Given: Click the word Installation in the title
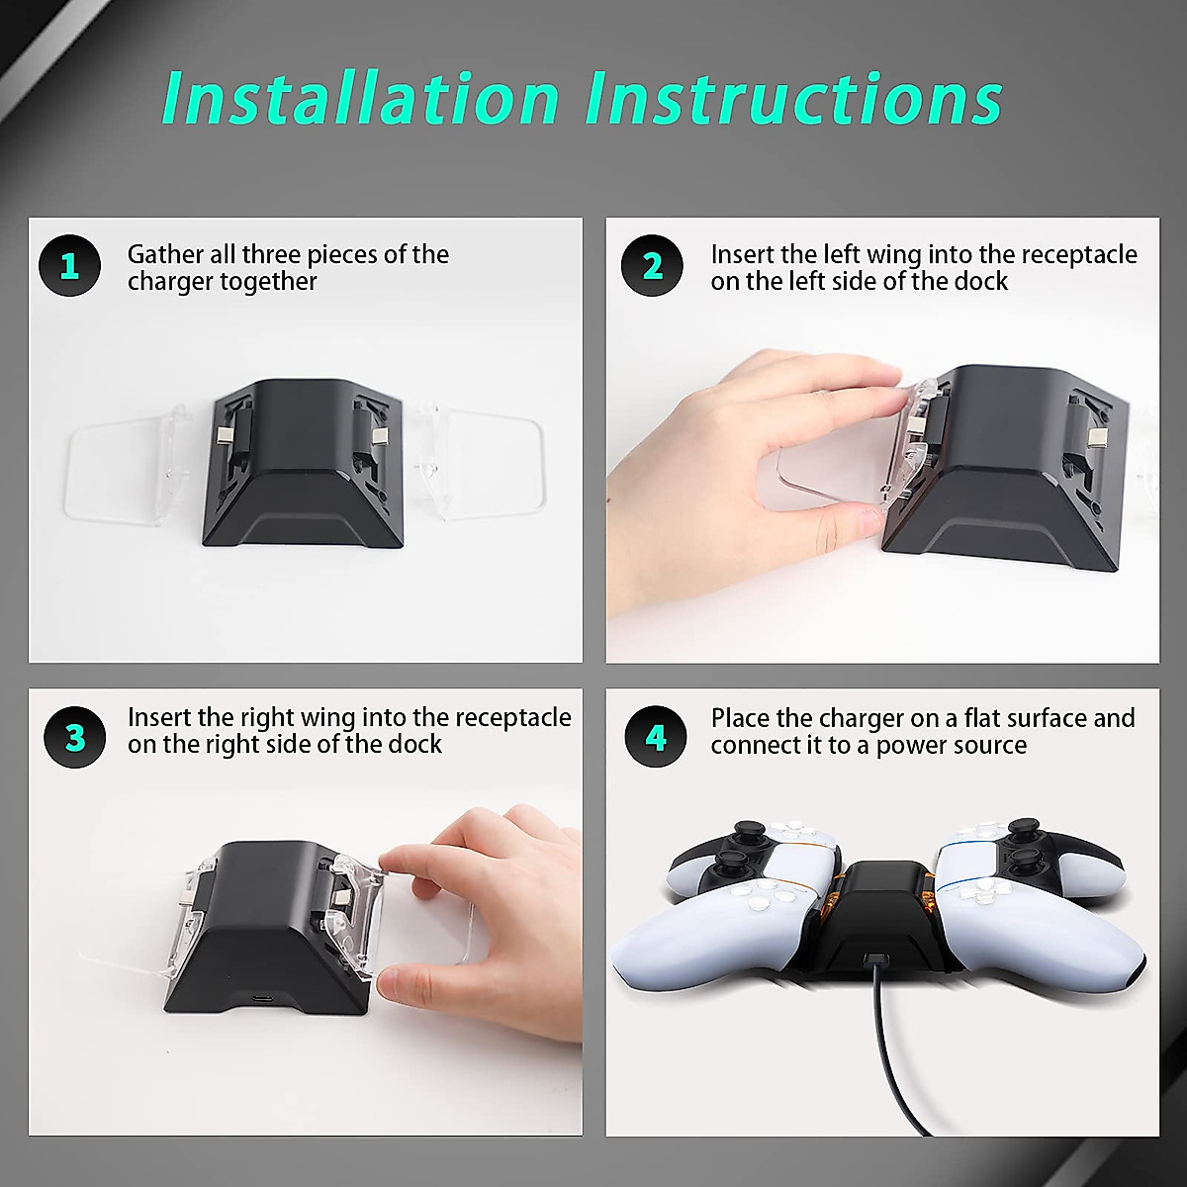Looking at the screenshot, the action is click(360, 98).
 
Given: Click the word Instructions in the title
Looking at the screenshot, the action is click(794, 98).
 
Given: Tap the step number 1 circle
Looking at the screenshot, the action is click(69, 265).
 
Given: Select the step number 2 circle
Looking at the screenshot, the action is click(652, 265).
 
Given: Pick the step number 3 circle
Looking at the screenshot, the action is click(75, 737).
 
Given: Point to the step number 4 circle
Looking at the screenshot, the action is click(656, 736).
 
